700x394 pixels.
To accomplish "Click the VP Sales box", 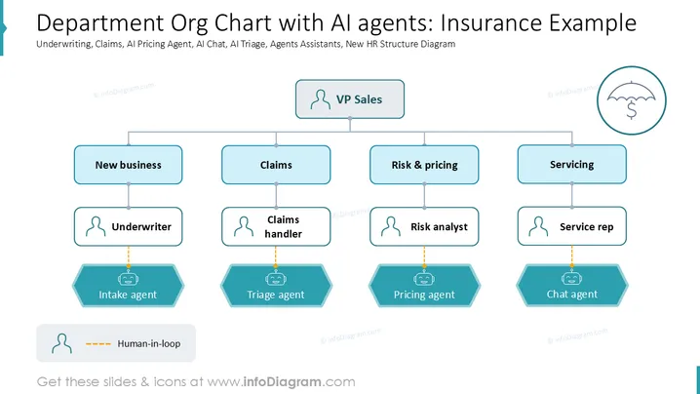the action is tap(350, 99).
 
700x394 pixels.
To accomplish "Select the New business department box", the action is tap(128, 165).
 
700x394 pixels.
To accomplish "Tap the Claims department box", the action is tap(276, 165).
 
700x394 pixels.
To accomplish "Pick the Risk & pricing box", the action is tap(424, 165).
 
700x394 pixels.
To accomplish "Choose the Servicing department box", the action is tap(572, 165).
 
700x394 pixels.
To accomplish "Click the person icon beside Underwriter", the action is tap(96, 226).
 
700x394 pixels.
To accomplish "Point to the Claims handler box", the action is tap(276, 226).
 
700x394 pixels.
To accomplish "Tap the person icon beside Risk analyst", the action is tap(391, 226).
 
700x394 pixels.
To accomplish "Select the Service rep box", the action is tap(572, 226).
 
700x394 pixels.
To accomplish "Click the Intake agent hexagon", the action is tap(128, 286).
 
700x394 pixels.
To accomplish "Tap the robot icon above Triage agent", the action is tap(276, 279).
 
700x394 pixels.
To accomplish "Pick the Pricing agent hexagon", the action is tap(424, 286).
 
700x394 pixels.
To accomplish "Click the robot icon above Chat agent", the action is tap(572, 278).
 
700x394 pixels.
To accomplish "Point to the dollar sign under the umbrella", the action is tap(631, 110).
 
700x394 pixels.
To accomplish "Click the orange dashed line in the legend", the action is tap(98, 344).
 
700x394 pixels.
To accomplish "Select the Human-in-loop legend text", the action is tap(149, 343).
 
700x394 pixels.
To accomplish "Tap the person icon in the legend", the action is tap(61, 343).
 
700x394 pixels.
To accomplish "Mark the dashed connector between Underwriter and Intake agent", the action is tap(129, 256).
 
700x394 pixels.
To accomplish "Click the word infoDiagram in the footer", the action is tap(282, 382).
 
